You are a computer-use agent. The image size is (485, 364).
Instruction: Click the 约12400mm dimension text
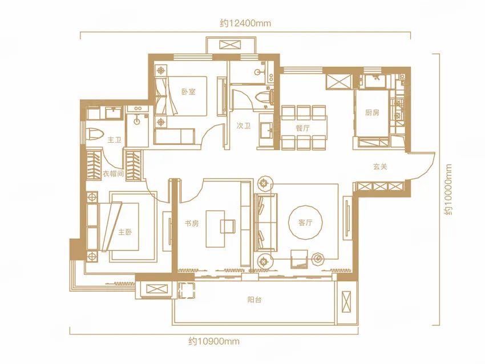[x=245, y=23]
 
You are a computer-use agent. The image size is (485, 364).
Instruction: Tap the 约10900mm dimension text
[x=214, y=341]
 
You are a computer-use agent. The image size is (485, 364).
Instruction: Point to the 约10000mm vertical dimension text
[x=448, y=189]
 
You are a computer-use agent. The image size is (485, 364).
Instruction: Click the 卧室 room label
[x=188, y=91]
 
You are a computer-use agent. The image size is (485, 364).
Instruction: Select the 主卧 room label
[x=124, y=232]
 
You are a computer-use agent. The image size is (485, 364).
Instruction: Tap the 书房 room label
[x=192, y=223]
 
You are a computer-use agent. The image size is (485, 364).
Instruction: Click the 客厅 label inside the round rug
[x=305, y=223]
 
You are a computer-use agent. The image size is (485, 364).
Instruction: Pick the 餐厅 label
[x=302, y=128]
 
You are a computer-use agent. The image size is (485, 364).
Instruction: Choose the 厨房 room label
[x=372, y=112]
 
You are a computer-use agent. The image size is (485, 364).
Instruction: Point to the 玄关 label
[x=380, y=167]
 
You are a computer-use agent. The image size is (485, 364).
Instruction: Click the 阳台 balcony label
[x=254, y=300]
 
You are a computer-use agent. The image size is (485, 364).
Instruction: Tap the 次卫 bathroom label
[x=243, y=126]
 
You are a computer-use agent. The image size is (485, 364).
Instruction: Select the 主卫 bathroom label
[x=114, y=140]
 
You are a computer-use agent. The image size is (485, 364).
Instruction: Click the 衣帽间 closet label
[x=113, y=173]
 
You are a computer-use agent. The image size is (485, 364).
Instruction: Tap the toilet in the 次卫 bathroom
[x=264, y=96]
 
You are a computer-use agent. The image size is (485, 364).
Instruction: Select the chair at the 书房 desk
[x=228, y=226]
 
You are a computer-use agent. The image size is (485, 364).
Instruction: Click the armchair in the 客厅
[x=299, y=258]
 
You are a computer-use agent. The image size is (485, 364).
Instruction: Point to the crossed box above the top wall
[x=231, y=45]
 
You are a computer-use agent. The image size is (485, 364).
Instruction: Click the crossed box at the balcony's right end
[x=346, y=302]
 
